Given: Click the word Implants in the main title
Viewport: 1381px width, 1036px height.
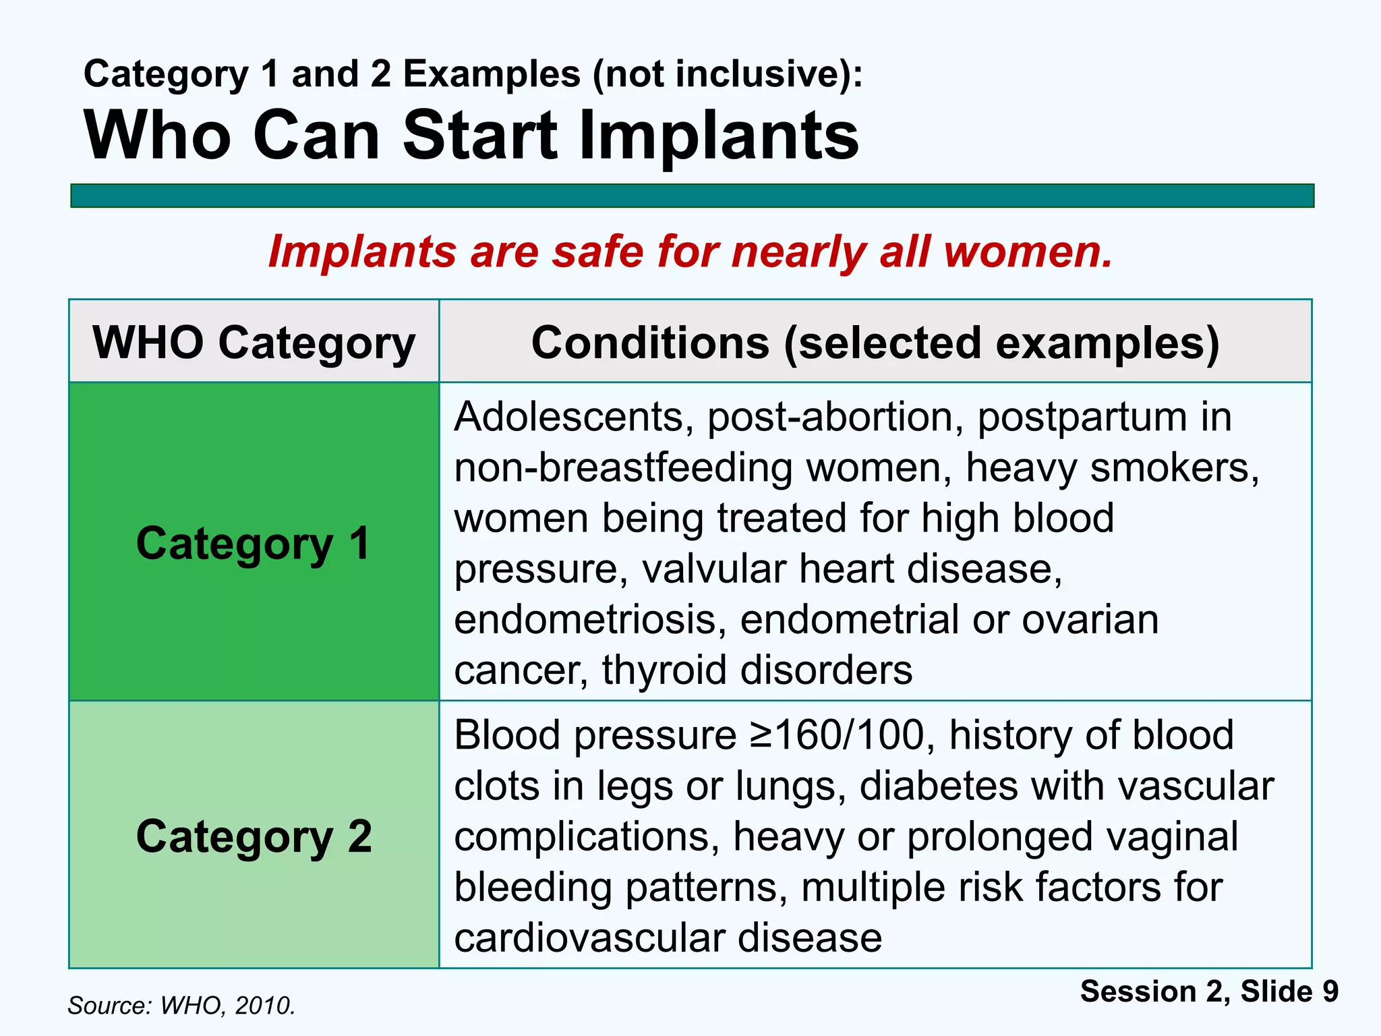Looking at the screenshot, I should click(718, 136).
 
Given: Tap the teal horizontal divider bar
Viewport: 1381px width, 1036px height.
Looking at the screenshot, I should click(692, 196).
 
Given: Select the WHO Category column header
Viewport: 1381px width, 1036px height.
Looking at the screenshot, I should click(254, 343).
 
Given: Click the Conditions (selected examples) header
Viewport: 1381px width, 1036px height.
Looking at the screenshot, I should click(875, 343).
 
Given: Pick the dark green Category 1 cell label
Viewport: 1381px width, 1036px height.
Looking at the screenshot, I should click(254, 543).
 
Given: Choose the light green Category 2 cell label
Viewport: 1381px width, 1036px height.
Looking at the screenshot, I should click(254, 836).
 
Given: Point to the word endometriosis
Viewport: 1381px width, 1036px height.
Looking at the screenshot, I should click(590, 619).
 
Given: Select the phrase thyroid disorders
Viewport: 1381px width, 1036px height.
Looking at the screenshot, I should click(757, 670).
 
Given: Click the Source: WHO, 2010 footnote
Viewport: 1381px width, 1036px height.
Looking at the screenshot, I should click(182, 1006).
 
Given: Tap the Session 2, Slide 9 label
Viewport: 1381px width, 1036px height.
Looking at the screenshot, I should click(1209, 991).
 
